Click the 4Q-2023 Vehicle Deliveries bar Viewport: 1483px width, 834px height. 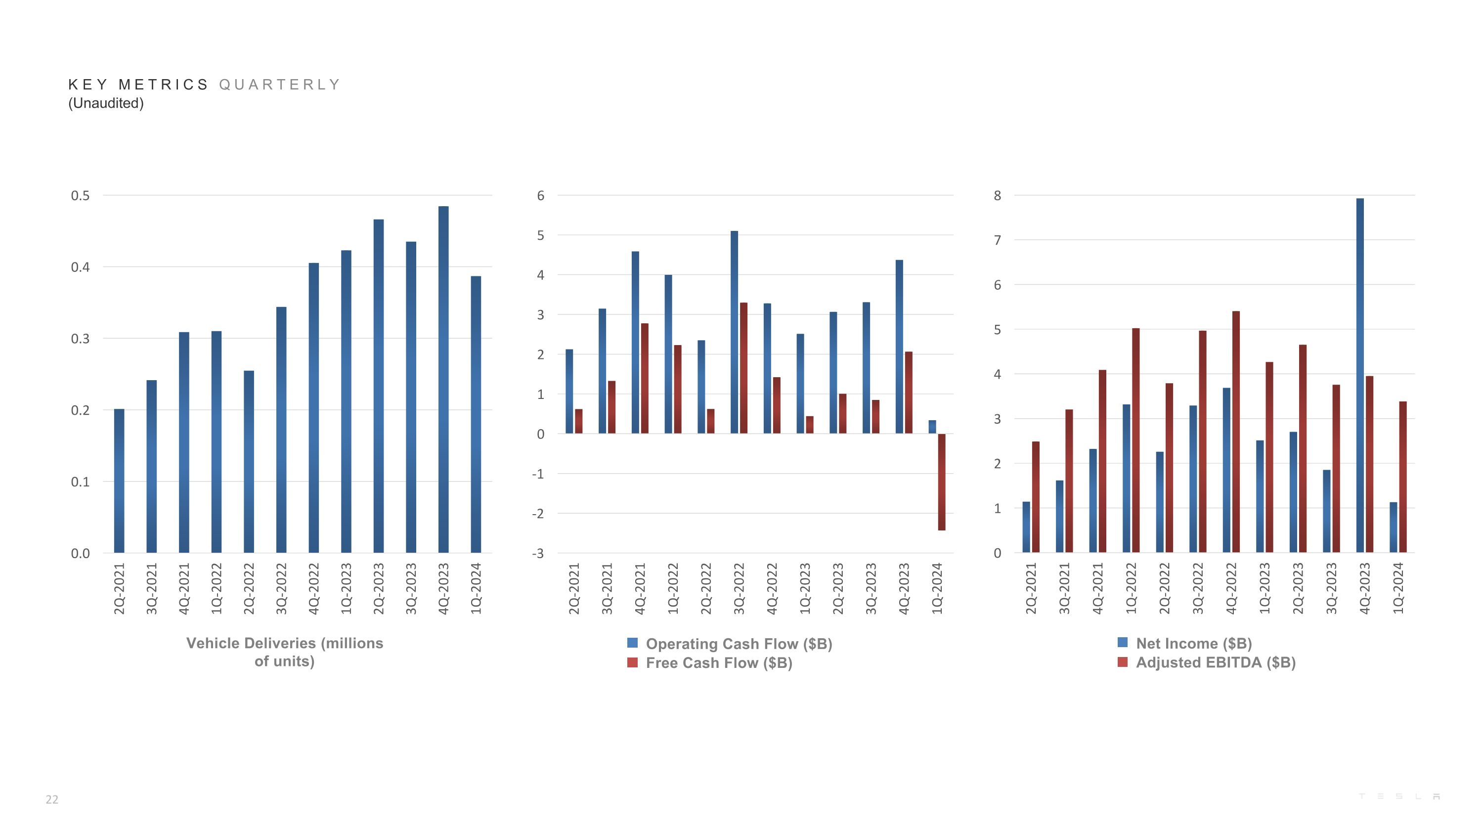tap(443, 380)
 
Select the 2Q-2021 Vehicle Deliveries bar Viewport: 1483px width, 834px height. tap(119, 481)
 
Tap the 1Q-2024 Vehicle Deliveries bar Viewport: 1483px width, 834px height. tap(476, 414)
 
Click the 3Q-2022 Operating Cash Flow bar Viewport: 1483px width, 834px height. tap(734, 332)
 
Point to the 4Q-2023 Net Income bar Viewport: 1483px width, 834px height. tap(1359, 375)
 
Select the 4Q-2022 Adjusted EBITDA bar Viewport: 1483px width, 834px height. tap(1235, 432)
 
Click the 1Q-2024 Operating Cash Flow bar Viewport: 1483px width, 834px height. tap(932, 427)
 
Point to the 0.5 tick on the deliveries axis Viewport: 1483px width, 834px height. tap(80, 196)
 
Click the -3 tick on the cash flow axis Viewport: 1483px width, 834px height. tap(537, 554)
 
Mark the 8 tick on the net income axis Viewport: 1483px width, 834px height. tap(997, 196)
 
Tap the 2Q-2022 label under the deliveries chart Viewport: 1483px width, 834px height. tap(249, 588)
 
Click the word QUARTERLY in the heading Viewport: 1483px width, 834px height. tap(280, 85)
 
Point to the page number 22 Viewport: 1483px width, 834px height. tap(52, 799)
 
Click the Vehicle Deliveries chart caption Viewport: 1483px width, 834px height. tap(284, 652)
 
